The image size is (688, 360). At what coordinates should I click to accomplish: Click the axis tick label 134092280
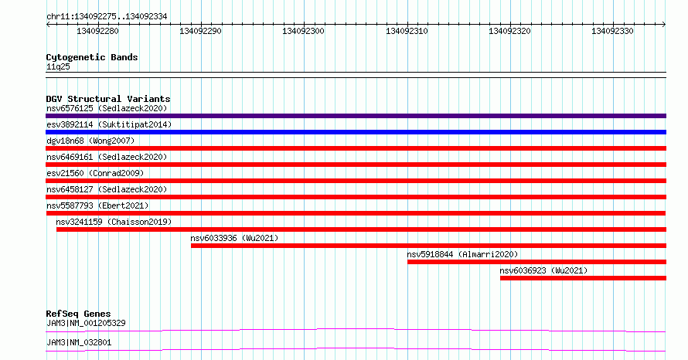(x=97, y=31)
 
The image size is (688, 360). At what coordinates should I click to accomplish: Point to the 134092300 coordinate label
(x=303, y=31)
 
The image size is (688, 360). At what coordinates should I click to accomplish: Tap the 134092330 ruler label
(x=612, y=31)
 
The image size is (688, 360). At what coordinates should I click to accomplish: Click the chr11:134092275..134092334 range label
(x=107, y=17)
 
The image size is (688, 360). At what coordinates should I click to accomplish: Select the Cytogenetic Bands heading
(x=92, y=57)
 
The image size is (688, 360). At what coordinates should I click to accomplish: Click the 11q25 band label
(x=58, y=66)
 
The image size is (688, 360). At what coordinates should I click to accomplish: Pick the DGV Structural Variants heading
(x=108, y=99)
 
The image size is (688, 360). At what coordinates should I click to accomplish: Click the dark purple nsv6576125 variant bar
(x=356, y=116)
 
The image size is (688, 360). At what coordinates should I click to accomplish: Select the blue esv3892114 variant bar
(x=356, y=132)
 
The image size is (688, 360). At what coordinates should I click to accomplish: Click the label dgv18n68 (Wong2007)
(x=90, y=141)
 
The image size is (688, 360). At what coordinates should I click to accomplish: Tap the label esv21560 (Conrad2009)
(x=95, y=173)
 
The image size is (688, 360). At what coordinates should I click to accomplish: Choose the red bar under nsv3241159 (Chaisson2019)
(x=361, y=229)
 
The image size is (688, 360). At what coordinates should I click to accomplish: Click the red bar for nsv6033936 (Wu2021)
(x=429, y=246)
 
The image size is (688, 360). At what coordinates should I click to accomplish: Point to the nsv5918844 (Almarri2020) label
(x=462, y=254)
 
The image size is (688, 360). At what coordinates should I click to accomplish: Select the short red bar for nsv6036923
(x=583, y=278)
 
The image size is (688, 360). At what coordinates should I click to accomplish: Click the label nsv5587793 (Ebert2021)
(x=97, y=205)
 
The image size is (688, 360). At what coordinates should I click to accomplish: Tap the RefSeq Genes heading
(x=78, y=314)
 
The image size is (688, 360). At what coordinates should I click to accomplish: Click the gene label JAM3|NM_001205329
(x=86, y=323)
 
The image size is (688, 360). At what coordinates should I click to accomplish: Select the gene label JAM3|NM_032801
(x=79, y=342)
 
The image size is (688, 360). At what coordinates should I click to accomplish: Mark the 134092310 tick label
(x=407, y=31)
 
